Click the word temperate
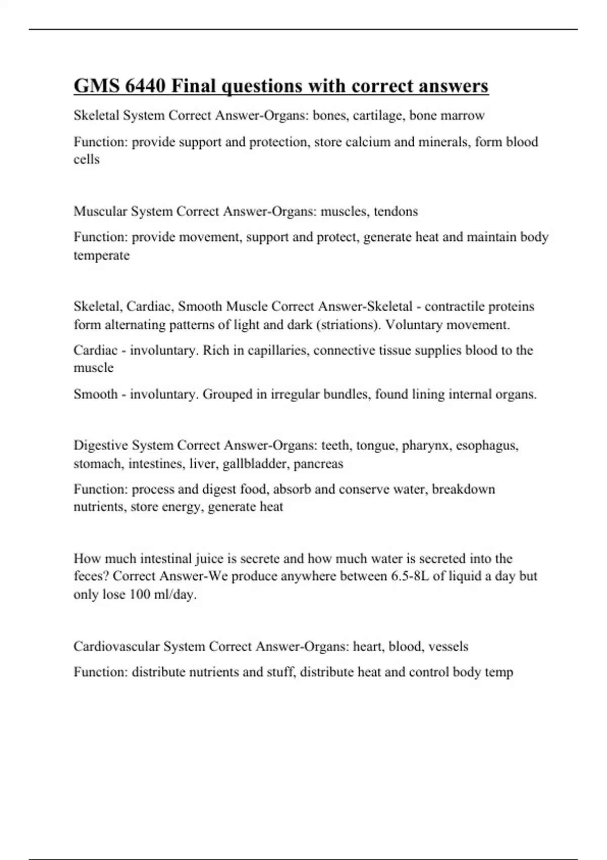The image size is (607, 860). [x=101, y=255]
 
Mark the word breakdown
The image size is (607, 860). [x=463, y=489]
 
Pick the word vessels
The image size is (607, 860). [x=448, y=647]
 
